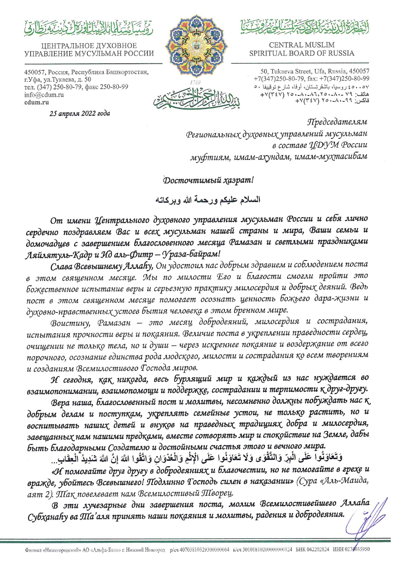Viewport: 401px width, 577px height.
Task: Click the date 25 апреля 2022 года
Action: point(80,113)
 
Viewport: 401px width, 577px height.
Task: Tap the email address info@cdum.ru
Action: point(44,95)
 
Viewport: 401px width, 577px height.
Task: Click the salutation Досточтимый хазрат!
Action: point(208,180)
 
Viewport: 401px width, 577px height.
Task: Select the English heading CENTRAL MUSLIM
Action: point(302,45)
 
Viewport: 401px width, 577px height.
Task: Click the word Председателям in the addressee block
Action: point(337,122)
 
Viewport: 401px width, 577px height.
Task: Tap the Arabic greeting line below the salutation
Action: point(208,200)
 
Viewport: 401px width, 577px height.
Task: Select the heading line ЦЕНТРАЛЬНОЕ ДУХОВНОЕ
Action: point(89,46)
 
